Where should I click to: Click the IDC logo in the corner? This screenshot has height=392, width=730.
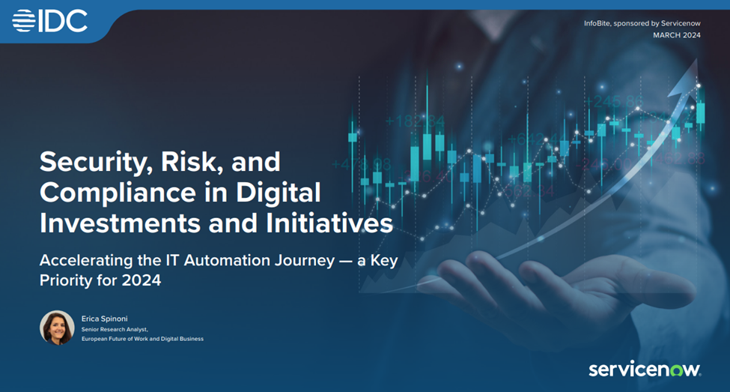50,21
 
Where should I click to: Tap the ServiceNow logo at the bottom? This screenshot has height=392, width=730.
645,370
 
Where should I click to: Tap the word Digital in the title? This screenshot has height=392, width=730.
279,193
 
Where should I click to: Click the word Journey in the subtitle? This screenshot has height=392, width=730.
305,261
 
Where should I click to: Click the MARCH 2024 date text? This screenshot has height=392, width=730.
676,35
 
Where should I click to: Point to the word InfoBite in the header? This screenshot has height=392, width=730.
597,23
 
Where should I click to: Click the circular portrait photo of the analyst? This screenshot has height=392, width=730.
57,328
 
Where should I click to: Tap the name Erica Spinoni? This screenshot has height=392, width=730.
104,319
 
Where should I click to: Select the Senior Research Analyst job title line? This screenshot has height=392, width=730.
115,330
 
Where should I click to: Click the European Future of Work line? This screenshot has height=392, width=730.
142,339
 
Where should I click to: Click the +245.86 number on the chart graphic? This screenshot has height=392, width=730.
614,101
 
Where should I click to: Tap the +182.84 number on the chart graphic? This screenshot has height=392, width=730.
415,121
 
